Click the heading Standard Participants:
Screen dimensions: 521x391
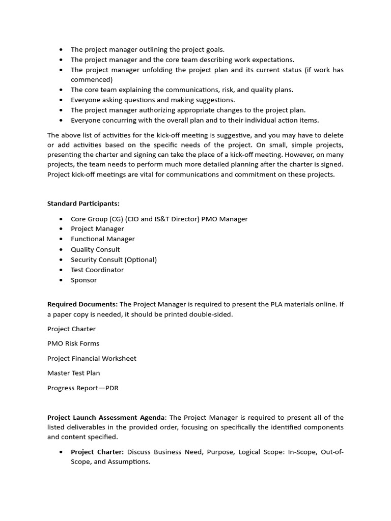[x=83, y=204]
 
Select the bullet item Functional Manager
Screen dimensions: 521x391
[x=103, y=239]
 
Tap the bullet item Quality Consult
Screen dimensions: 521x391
[x=95, y=249]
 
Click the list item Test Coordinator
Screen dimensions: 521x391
[x=97, y=270]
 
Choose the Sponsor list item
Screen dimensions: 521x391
[x=83, y=280]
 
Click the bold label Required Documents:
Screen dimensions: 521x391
[x=82, y=304]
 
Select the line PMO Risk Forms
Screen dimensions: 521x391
[x=73, y=343]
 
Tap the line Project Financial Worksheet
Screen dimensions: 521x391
[x=92, y=358]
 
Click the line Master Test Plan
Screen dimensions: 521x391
[x=73, y=373]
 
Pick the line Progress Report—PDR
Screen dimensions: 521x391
[x=82, y=388]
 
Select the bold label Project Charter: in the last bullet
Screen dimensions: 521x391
[x=97, y=452]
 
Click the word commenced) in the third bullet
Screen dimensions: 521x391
[x=92, y=80]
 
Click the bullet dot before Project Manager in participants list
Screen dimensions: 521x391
[x=61, y=229]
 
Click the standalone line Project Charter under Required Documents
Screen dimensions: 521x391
[x=71, y=329]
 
